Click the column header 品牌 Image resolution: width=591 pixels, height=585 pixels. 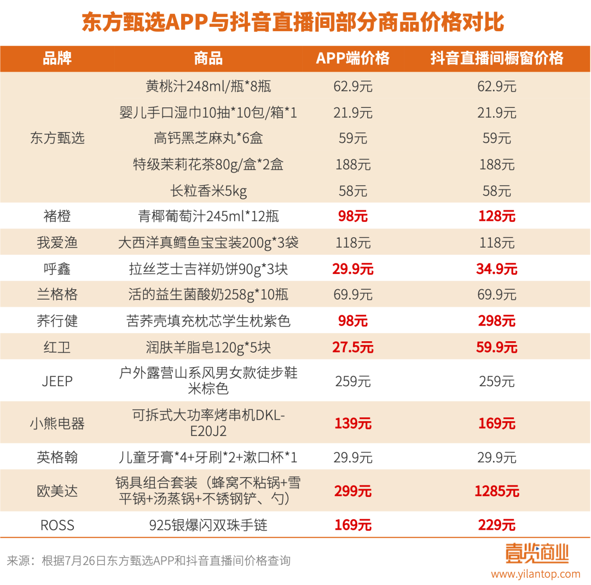click(x=57, y=58)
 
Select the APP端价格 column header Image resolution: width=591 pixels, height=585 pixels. click(x=352, y=58)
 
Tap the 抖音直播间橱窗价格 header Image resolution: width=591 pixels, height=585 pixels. click(x=496, y=58)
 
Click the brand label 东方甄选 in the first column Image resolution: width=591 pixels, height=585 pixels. click(x=57, y=138)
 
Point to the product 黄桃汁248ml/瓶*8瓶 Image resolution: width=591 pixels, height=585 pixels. click(x=208, y=87)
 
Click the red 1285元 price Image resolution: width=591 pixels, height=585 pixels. click(x=496, y=491)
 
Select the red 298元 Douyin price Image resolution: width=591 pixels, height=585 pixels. click(x=496, y=321)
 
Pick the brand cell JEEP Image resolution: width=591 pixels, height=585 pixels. click(x=57, y=381)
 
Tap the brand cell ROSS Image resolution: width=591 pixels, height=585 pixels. click(x=57, y=525)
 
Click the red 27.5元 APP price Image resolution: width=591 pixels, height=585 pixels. click(x=352, y=347)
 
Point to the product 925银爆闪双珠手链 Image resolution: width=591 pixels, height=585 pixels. click(x=208, y=525)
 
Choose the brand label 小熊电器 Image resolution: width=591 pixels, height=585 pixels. click(x=57, y=423)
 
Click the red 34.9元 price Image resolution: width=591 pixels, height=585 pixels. click(x=496, y=269)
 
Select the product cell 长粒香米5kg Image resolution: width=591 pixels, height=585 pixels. click(x=208, y=191)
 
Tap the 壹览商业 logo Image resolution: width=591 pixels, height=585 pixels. click(x=536, y=553)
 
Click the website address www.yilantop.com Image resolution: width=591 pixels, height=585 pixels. click(x=535, y=574)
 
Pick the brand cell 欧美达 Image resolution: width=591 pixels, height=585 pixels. click(x=57, y=491)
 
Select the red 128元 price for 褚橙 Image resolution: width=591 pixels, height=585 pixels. click(x=496, y=216)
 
